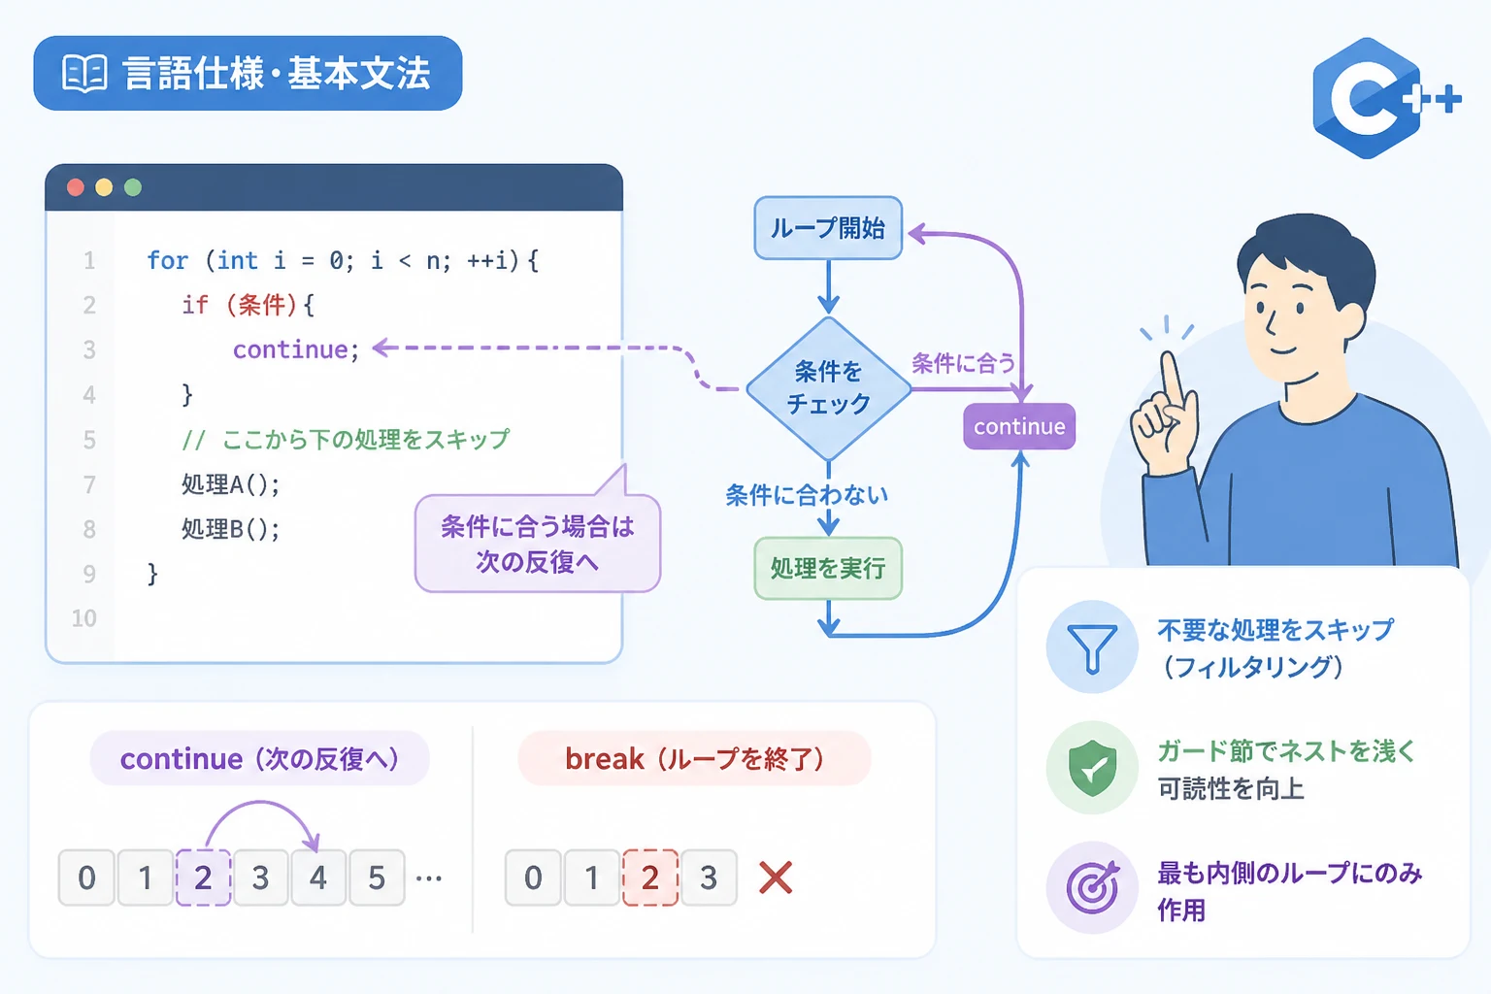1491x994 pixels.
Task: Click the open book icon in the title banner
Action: (x=84, y=73)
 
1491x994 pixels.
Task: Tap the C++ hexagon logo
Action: (x=1377, y=99)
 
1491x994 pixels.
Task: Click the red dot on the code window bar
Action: (x=76, y=187)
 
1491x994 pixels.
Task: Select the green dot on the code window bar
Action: (x=133, y=187)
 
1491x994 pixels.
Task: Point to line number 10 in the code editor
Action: (x=84, y=618)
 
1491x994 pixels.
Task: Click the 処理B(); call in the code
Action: (x=230, y=529)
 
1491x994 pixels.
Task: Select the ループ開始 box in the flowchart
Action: (x=828, y=228)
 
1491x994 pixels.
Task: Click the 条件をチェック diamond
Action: (x=828, y=388)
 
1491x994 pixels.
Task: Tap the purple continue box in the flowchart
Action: (x=1019, y=426)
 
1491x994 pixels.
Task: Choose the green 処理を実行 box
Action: (x=828, y=568)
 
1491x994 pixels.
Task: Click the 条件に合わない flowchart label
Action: (x=807, y=495)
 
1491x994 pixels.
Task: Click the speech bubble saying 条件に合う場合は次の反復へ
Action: (x=538, y=543)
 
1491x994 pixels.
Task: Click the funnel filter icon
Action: (x=1092, y=647)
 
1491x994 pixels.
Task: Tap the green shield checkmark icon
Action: (x=1092, y=768)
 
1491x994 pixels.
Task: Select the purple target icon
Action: (x=1092, y=887)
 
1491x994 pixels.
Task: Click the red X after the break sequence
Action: (x=776, y=878)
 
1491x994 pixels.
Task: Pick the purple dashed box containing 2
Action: (x=203, y=878)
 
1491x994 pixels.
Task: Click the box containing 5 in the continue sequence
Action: (x=377, y=878)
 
